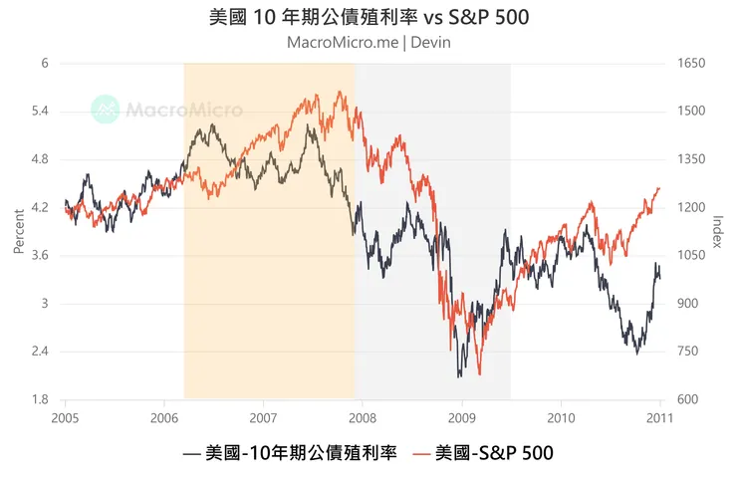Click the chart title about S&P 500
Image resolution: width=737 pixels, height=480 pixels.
[368, 18]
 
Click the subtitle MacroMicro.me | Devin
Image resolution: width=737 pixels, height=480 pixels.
[368, 43]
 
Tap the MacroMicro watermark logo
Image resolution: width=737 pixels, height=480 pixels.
[153, 109]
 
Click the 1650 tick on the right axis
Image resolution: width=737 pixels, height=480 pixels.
[691, 63]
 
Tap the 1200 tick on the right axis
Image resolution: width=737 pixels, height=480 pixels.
[691, 207]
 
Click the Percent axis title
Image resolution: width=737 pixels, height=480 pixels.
[18, 231]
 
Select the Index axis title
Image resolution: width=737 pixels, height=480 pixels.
[718, 231]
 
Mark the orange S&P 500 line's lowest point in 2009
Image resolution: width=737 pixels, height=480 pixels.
[480, 374]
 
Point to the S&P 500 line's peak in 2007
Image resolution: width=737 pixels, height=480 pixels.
[341, 92]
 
